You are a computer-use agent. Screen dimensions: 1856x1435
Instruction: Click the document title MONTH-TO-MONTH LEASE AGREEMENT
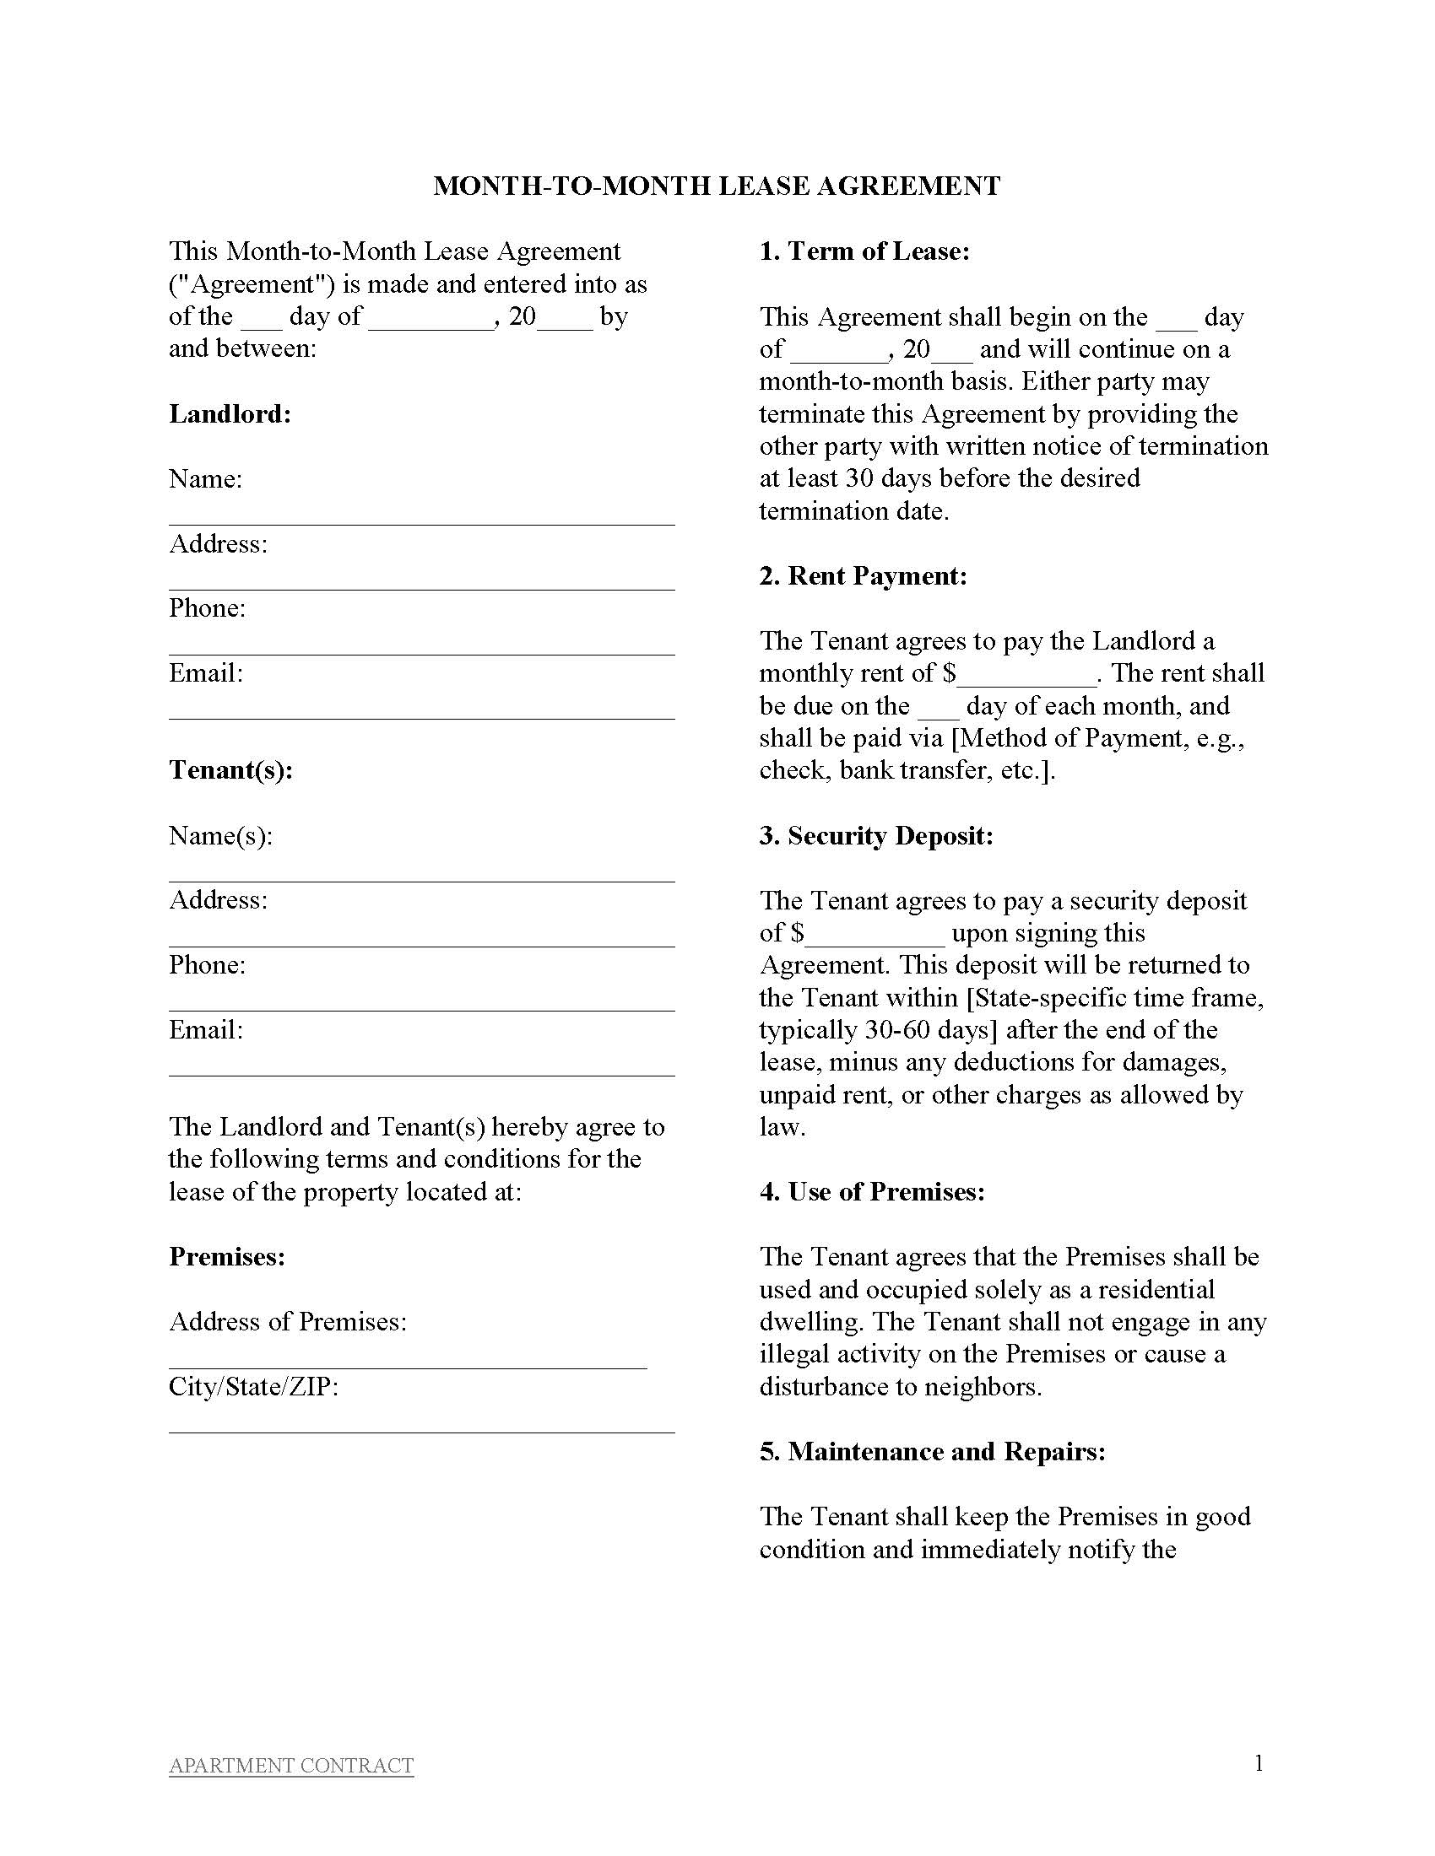(717, 186)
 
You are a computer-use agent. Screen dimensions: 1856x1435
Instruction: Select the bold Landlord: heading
(230, 414)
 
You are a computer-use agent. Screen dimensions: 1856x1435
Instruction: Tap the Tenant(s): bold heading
(230, 770)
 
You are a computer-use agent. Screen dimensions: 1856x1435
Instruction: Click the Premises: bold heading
(227, 1256)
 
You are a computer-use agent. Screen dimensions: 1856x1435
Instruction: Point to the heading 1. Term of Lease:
(864, 251)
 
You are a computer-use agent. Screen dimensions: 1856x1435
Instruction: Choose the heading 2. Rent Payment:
(863, 576)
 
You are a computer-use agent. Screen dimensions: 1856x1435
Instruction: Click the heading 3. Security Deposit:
(875, 835)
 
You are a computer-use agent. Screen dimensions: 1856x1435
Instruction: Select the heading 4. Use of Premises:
(871, 1191)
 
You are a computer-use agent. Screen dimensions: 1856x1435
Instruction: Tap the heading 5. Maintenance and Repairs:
(932, 1451)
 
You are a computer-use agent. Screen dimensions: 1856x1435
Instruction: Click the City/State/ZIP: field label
(253, 1387)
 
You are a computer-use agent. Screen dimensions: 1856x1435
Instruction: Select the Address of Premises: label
(287, 1321)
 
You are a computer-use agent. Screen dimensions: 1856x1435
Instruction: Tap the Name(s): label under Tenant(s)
(221, 835)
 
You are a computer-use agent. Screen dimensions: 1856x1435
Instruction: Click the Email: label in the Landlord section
(206, 673)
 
